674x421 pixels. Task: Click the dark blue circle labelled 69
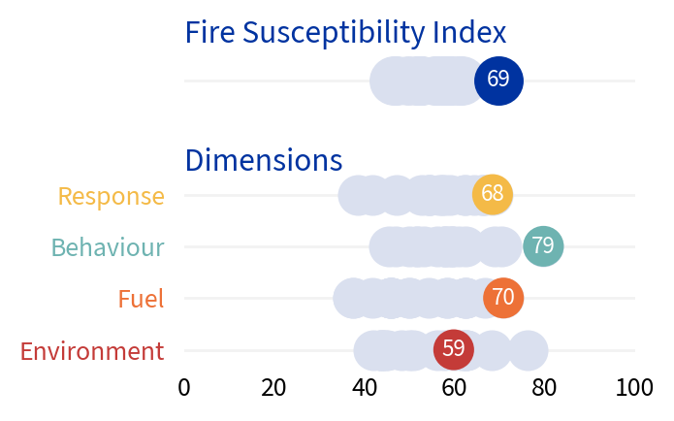(498, 80)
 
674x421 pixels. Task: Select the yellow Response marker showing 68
(492, 194)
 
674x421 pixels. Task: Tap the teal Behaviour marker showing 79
(543, 246)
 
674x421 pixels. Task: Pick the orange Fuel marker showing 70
(502, 298)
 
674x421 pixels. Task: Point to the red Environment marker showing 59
(453, 349)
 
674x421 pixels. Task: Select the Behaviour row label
(108, 247)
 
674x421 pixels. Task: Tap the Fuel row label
(141, 299)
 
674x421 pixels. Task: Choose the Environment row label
(92, 351)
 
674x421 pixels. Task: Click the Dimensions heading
(263, 160)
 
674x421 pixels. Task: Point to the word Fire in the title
(209, 33)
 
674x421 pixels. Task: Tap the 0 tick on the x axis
(184, 388)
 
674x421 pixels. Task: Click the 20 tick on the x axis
(274, 388)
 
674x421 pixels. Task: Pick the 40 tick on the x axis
(365, 388)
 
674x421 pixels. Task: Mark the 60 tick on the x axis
(455, 388)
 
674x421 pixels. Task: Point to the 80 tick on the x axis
(545, 388)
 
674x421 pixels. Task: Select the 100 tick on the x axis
(634, 388)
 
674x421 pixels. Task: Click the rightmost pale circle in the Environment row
(529, 350)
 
